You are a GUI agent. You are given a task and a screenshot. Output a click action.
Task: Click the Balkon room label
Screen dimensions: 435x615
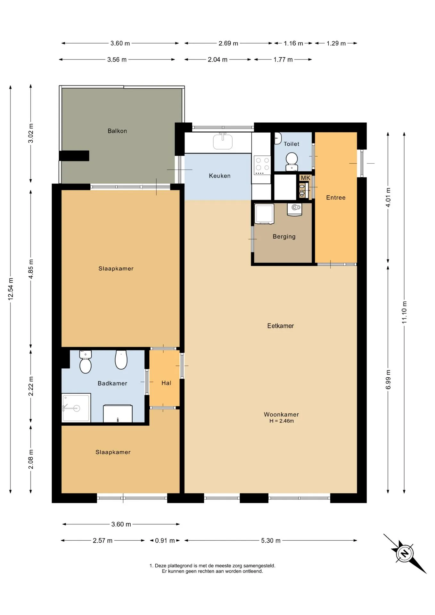tap(117, 131)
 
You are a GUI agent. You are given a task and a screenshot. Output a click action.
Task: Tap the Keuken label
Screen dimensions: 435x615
tap(219, 176)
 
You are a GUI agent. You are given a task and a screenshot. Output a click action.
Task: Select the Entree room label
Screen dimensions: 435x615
tap(336, 197)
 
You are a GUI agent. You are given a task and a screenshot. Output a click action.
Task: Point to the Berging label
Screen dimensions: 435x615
tap(284, 236)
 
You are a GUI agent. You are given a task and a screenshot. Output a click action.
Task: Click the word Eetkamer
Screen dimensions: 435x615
tap(280, 326)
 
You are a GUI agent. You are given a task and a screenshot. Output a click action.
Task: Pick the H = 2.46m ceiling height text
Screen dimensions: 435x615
tap(281, 421)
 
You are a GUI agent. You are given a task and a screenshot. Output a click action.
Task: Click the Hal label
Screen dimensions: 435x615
tap(166, 383)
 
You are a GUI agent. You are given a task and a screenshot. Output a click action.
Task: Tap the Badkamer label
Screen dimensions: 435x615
tap(112, 383)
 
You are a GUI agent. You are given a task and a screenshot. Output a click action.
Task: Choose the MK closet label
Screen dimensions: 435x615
tap(305, 178)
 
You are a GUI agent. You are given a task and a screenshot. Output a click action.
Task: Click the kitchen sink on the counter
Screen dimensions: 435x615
tap(223, 141)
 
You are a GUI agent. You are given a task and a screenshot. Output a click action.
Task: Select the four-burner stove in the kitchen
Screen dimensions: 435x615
tap(262, 165)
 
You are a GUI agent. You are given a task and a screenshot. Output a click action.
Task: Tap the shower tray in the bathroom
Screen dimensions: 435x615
tap(76, 408)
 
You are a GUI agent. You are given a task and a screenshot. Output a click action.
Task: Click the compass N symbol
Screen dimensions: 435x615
tap(404, 553)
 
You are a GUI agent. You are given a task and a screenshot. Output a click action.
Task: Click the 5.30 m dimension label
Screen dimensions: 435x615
tap(271, 540)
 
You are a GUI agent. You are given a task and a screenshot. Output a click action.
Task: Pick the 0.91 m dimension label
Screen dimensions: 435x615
tap(165, 540)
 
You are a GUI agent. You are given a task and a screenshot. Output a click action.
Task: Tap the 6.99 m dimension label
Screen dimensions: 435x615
tap(388, 379)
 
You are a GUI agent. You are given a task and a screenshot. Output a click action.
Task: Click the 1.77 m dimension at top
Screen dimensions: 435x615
tap(283, 59)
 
